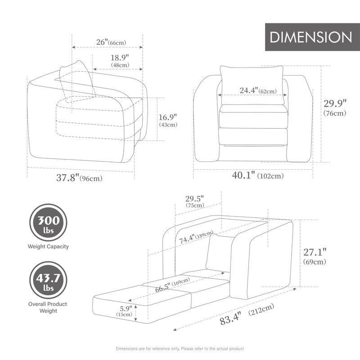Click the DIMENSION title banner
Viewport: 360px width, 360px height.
click(311, 37)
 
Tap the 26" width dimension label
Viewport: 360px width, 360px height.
click(111, 42)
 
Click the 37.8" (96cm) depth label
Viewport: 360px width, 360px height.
click(79, 178)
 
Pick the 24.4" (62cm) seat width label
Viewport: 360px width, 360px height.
click(257, 91)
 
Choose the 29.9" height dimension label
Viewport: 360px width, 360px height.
click(335, 107)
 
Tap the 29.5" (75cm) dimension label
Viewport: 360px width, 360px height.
click(195, 201)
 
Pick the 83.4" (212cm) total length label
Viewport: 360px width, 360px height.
click(246, 315)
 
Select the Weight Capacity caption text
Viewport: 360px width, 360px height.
click(49, 247)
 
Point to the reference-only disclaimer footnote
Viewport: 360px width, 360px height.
click(180, 348)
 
